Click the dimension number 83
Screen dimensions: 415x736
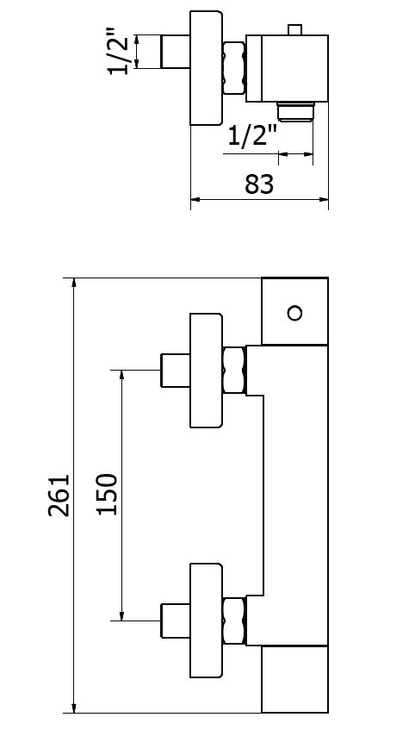pos(259,184)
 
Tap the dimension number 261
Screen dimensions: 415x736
pos(59,496)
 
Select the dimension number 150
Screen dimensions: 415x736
pos(107,495)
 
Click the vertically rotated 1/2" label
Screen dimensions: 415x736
pos(118,51)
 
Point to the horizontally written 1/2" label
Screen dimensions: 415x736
pos(251,136)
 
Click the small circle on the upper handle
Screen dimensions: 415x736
pos(294,313)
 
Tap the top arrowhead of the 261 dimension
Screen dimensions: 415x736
pos(74,283)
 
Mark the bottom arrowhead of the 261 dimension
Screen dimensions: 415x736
pos(74,708)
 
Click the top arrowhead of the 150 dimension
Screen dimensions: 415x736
pos(122,375)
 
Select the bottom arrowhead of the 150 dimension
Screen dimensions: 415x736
pos(122,615)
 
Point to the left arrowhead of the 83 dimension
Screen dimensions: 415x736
pos(196,199)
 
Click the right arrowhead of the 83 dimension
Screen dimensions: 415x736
pos(323,199)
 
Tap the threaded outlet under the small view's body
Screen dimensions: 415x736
pos(295,112)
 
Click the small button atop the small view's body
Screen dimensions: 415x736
pos(295,30)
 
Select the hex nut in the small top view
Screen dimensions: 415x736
pos(234,68)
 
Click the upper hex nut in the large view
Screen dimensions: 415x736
pos(234,370)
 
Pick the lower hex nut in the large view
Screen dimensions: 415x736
pos(234,621)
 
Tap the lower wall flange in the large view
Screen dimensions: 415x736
pos(206,621)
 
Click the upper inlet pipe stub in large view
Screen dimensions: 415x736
pos(176,371)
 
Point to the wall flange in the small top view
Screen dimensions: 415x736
pos(206,68)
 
